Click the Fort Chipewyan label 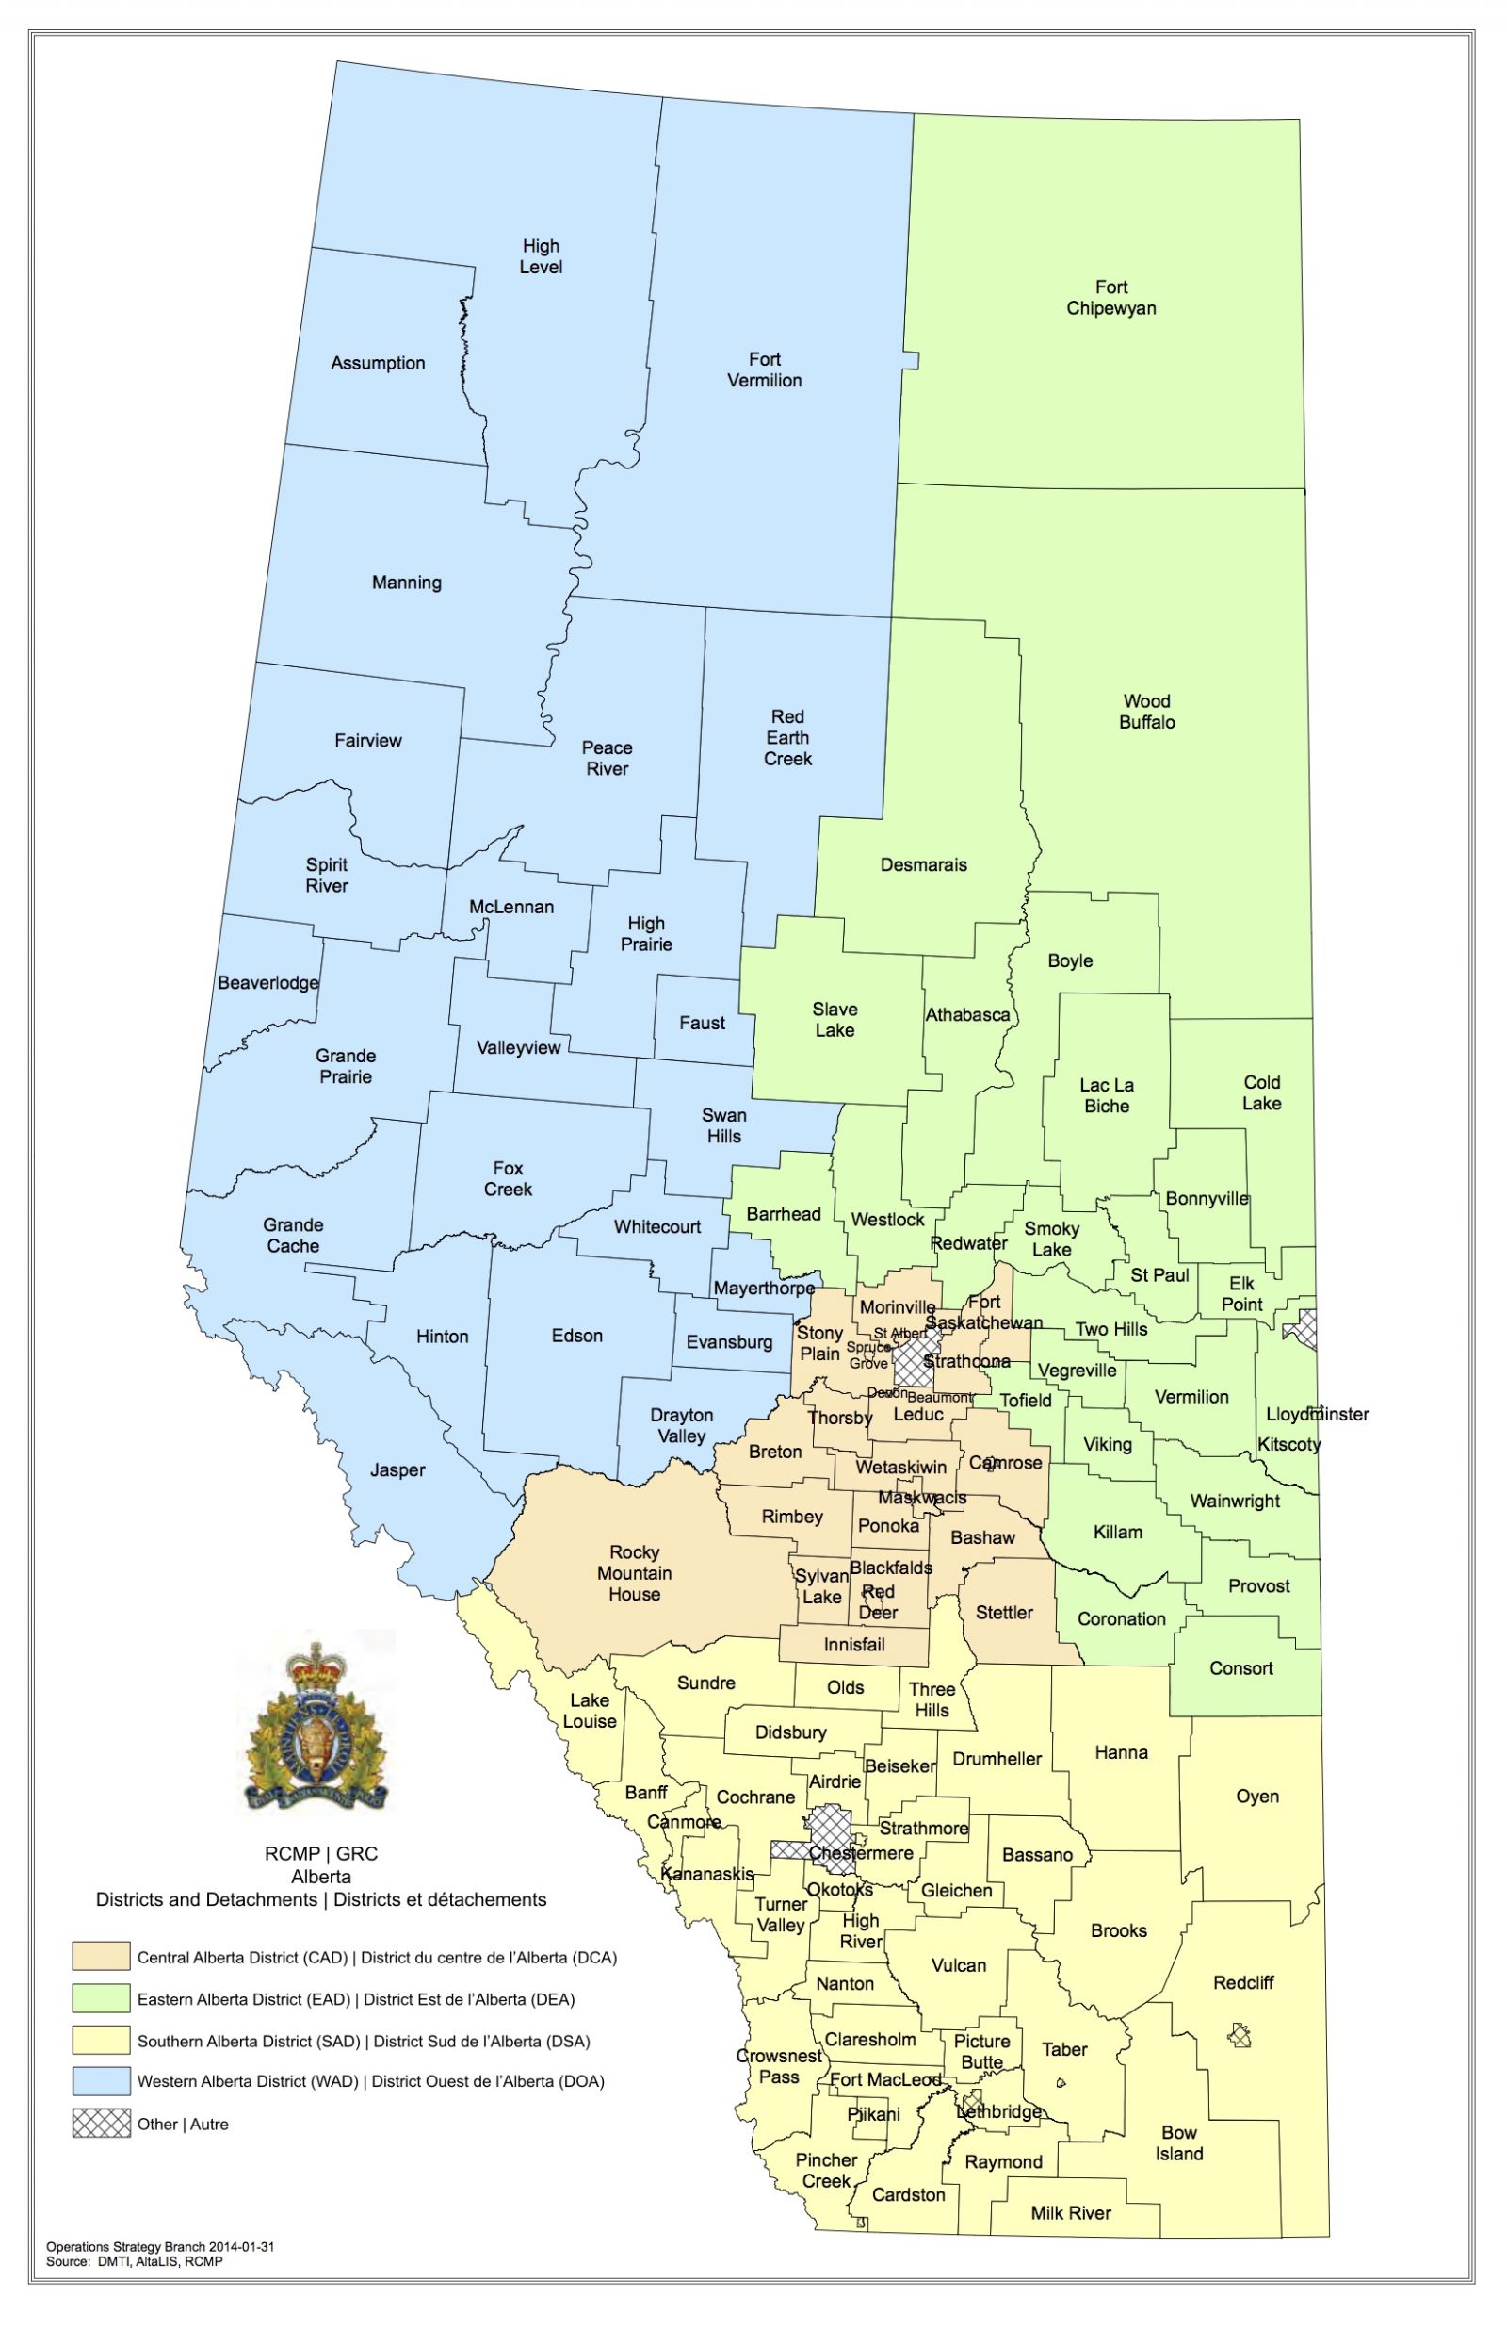(1110, 298)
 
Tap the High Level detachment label (541, 256)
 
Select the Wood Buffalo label (1147, 712)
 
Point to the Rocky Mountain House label (634, 1572)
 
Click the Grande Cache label (293, 1236)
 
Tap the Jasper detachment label (397, 1469)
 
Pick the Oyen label (1257, 1797)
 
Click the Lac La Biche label (1107, 1095)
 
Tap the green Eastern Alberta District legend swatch (101, 1999)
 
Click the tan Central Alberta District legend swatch (101, 1957)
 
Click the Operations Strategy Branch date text (159, 2247)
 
